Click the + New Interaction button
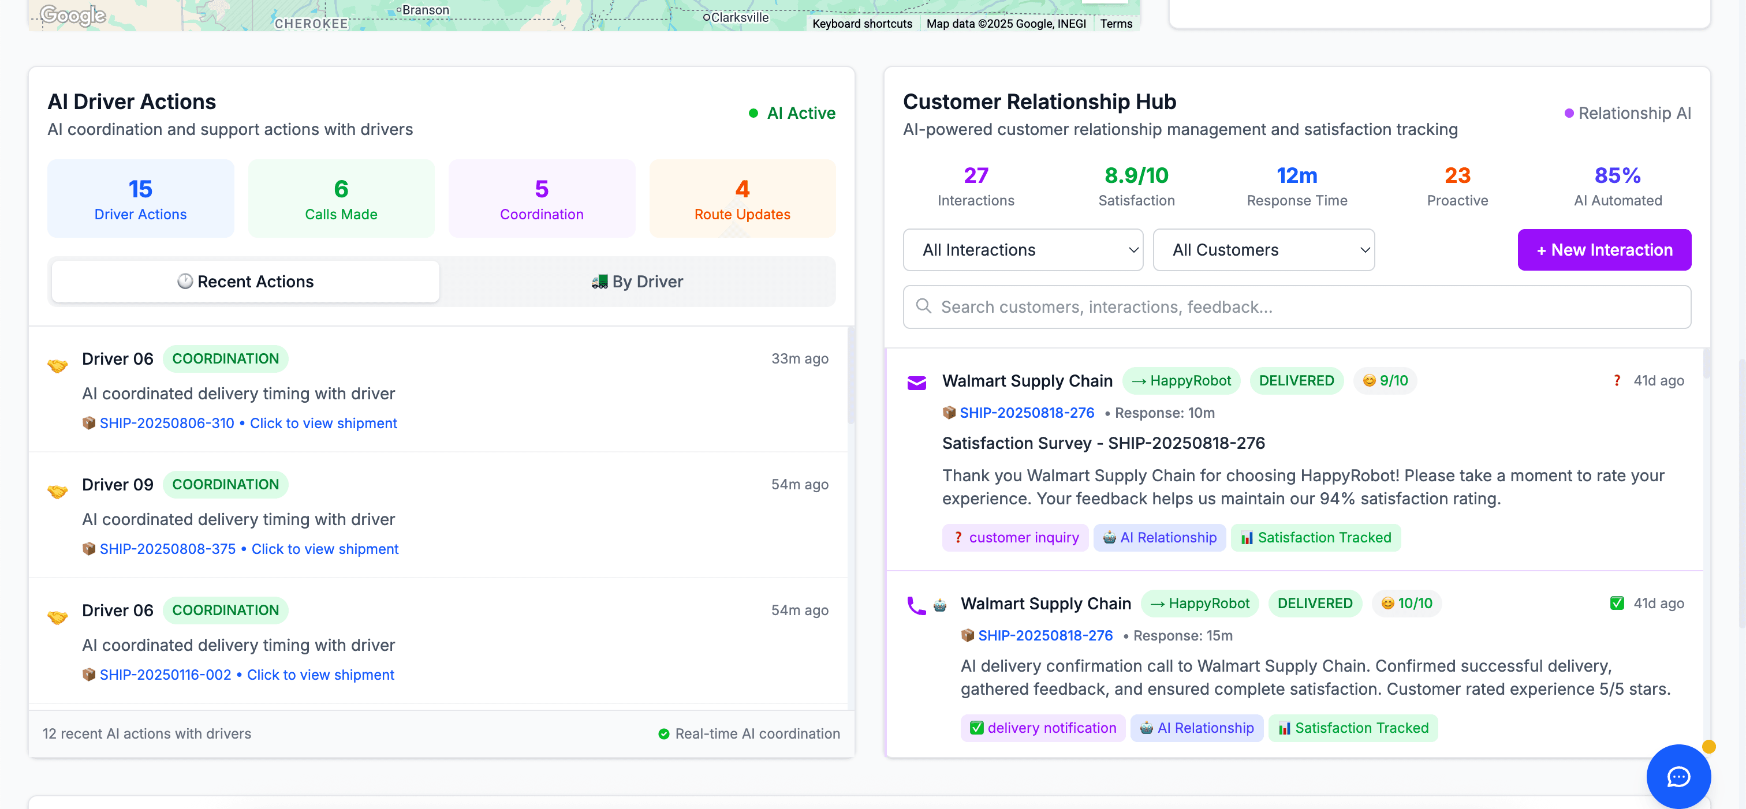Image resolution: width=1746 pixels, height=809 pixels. [1603, 250]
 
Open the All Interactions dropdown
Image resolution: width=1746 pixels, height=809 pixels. [1022, 250]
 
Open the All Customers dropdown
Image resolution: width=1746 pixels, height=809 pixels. [1263, 250]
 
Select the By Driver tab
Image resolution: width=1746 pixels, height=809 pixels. [637, 281]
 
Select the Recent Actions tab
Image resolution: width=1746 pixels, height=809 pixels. [245, 281]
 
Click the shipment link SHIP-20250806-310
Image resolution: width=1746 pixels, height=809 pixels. [167, 424]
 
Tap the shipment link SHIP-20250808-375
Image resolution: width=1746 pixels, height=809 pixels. [167, 549]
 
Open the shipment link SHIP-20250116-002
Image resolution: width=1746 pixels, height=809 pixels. [165, 675]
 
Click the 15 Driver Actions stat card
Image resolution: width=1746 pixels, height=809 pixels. [140, 198]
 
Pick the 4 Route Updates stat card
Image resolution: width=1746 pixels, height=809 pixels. [742, 198]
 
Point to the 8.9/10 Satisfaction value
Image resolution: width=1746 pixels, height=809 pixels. [1136, 176]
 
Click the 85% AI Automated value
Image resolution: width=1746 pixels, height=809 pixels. [1617, 176]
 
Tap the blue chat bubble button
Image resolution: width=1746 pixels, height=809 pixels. [1678, 777]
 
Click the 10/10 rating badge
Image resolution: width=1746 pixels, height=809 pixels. [1406, 604]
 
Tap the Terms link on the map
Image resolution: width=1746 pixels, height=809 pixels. [1115, 24]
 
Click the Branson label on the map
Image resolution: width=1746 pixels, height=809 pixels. [425, 10]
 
